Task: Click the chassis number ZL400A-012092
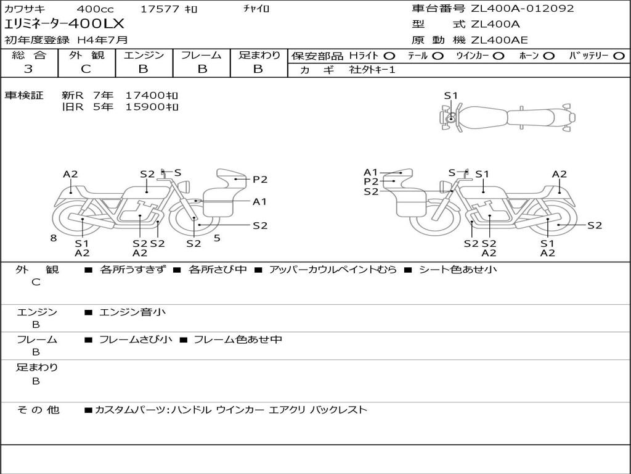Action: [523, 9]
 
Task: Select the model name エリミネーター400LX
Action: [64, 24]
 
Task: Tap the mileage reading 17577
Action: [160, 9]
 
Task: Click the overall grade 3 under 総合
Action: [28, 69]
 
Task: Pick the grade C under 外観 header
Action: [86, 69]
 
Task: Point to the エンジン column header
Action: [144, 55]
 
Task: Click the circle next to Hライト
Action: [389, 56]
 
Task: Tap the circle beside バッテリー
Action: [619, 56]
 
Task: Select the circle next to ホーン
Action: [548, 56]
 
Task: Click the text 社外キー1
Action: [372, 70]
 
